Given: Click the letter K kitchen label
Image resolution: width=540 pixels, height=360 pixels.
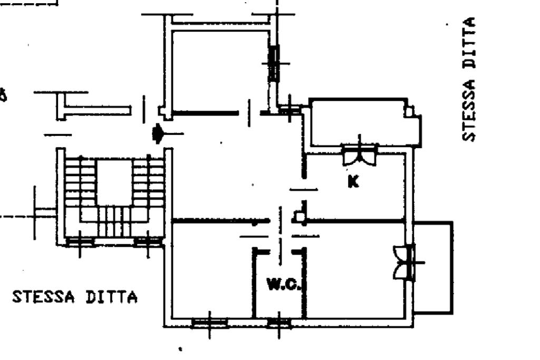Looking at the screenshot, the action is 353,181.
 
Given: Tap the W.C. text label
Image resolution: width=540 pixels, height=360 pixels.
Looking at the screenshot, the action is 284,285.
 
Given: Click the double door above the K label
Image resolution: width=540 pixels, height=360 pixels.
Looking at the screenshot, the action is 360,155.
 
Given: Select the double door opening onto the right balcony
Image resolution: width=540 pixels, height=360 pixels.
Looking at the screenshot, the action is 404,262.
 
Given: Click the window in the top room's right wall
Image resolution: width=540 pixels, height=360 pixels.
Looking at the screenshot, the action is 274,63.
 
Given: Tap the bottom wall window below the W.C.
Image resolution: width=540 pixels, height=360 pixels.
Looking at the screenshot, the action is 279,322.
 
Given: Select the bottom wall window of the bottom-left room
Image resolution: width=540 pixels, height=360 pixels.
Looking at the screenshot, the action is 209,322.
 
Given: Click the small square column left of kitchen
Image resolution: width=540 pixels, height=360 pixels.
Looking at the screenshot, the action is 299,217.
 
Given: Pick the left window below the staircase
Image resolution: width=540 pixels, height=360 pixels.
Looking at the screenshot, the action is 81,242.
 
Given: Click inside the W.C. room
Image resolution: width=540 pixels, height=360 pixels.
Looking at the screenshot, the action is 279,303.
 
